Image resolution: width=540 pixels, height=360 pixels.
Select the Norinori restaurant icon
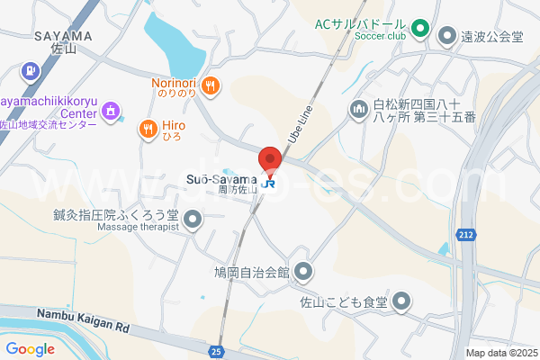point(211,85)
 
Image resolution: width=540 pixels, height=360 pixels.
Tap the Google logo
point(31,349)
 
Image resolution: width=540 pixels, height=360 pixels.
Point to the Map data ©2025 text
point(500,353)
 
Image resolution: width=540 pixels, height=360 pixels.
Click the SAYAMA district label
point(64,36)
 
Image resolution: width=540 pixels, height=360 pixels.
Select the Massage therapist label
point(138,227)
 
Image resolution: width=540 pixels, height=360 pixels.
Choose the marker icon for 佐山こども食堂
point(401,301)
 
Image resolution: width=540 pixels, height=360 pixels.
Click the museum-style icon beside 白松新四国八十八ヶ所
point(358,109)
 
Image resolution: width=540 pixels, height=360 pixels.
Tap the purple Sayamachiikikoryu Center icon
point(111,110)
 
